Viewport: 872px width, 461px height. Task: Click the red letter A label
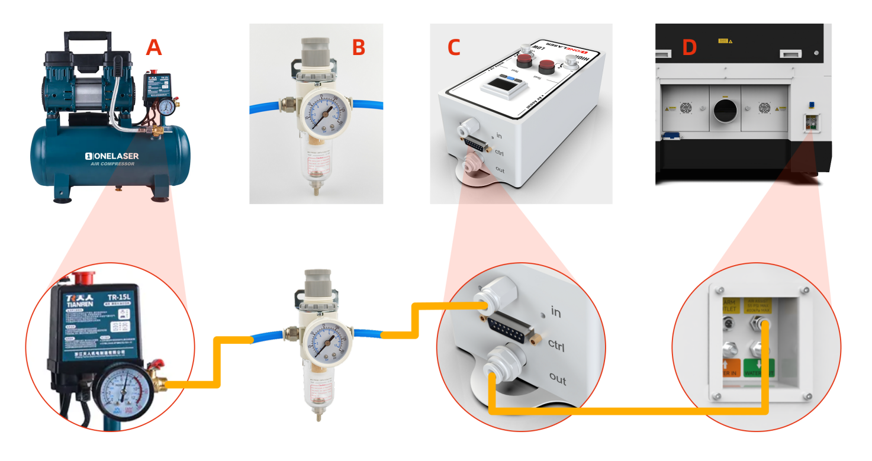tap(154, 47)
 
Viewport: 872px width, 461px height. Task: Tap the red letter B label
tap(358, 47)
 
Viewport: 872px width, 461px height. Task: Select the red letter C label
tap(453, 47)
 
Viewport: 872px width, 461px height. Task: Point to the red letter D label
tap(690, 47)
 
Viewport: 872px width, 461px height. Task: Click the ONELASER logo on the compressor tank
tap(112, 156)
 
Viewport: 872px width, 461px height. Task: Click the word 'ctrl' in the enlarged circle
tap(556, 345)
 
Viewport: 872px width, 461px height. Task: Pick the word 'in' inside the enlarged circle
tap(555, 311)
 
